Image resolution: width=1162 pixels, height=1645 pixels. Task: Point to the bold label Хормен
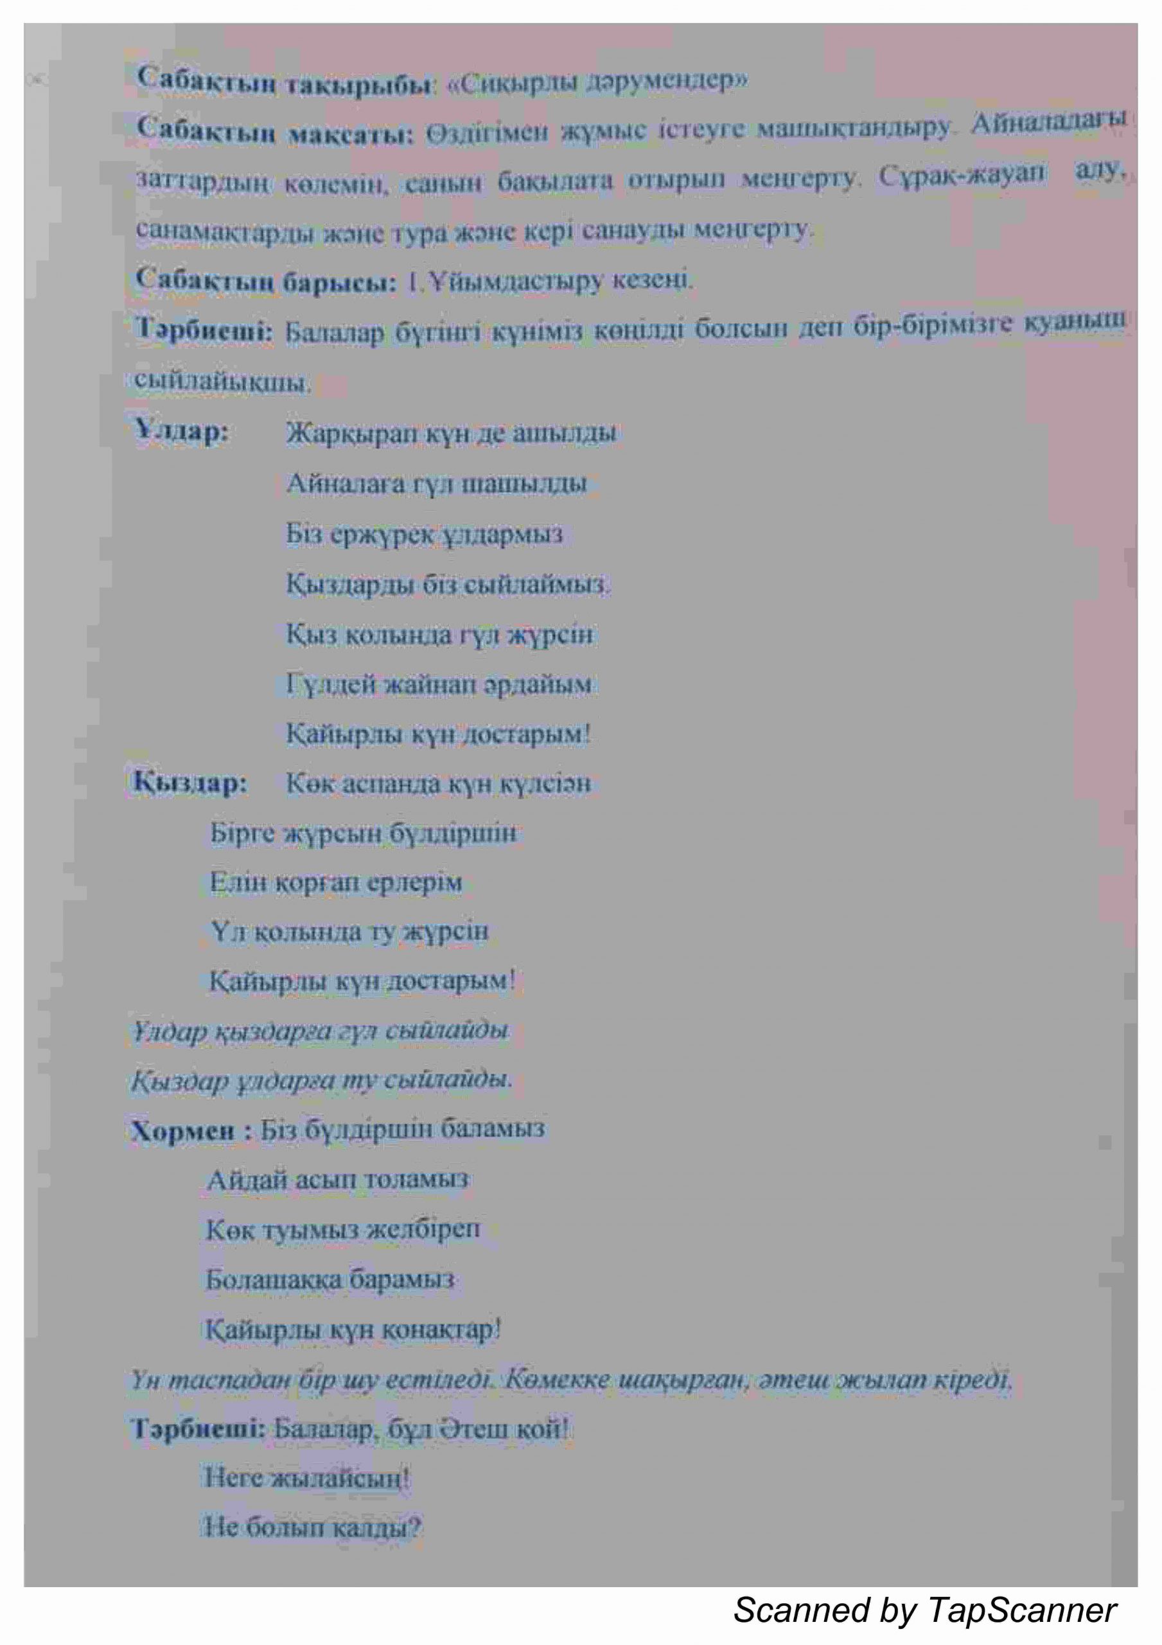(182, 1130)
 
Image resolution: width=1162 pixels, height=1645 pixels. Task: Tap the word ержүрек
(381, 535)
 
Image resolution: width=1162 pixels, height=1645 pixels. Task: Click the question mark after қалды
(414, 1528)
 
